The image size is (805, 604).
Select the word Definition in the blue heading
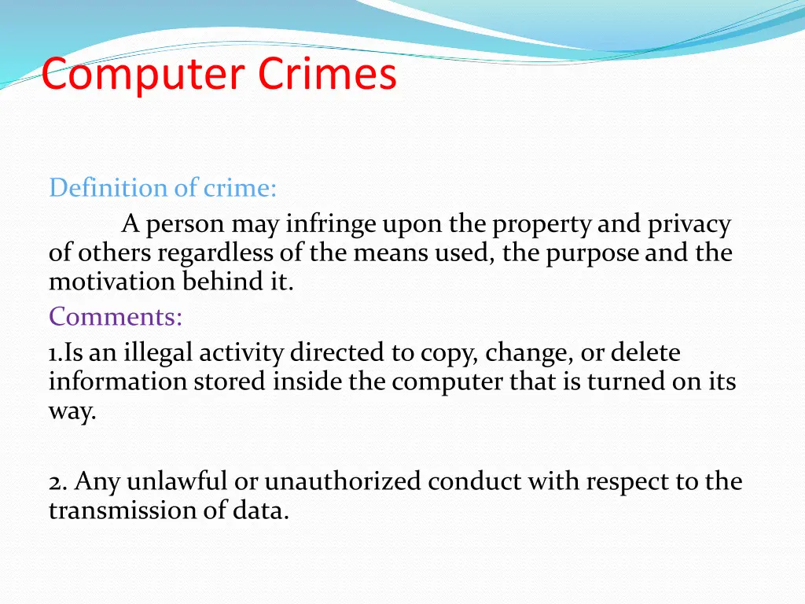coord(101,188)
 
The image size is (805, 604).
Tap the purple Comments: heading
coord(116,317)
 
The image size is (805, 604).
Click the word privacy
coord(689,225)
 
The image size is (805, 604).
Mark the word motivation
coord(113,282)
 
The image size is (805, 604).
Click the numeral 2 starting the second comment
coord(54,481)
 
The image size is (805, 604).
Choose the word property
coord(542,225)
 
